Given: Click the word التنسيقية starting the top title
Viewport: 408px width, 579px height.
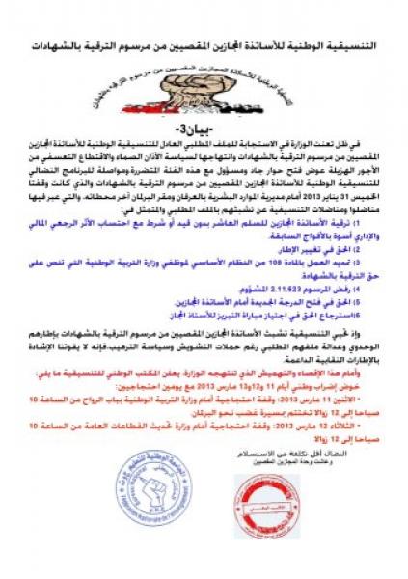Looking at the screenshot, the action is coord(351,45).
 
